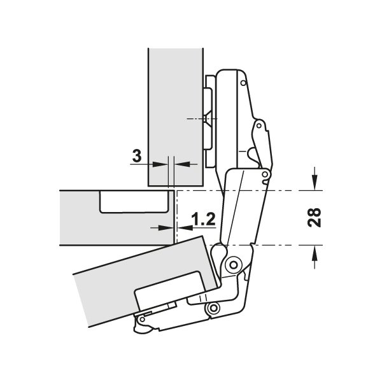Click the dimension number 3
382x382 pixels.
(137, 156)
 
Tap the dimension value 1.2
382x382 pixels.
(204, 219)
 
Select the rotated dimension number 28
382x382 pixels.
(314, 218)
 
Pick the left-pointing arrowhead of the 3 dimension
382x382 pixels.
(182, 164)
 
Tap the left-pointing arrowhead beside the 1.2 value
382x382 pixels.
(185, 228)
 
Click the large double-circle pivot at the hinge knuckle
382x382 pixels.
(234, 265)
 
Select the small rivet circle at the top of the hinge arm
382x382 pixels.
(243, 83)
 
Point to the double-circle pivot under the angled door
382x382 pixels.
(214, 308)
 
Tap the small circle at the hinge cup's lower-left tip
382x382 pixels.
(142, 319)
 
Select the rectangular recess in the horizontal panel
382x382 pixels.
(134, 201)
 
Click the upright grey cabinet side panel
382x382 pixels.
(176, 117)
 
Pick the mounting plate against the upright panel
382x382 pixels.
(209, 122)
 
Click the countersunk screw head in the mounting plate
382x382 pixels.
(208, 118)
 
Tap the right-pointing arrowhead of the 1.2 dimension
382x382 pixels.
(166, 228)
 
